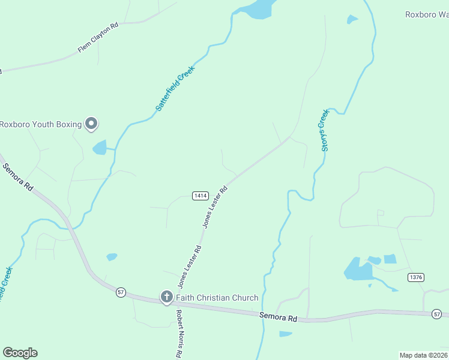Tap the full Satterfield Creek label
point(176,87)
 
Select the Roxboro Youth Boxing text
point(40,125)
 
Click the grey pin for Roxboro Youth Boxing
point(91,124)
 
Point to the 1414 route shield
point(200,196)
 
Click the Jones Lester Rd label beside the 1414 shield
point(215,207)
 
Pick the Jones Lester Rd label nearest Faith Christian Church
point(189,265)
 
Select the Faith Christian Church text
point(217,298)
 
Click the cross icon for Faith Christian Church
point(166,296)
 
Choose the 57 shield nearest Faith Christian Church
point(121,292)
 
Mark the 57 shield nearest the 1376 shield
point(436,314)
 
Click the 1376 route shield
point(415,277)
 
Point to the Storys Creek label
point(325,130)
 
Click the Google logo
point(20,353)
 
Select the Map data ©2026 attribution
point(423,355)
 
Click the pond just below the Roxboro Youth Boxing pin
point(100,147)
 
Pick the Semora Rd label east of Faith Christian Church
point(279,317)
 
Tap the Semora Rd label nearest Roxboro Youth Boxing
point(18,178)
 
